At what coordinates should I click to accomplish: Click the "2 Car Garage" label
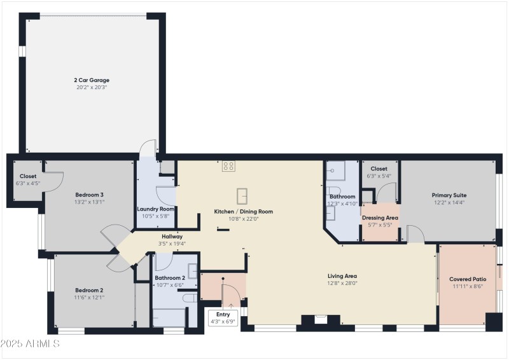tap(92, 80)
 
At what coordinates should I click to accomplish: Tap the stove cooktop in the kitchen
tap(229, 166)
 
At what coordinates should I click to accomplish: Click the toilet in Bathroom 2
tap(189, 298)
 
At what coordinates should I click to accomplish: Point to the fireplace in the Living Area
tap(321, 319)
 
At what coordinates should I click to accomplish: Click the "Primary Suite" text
tap(449, 195)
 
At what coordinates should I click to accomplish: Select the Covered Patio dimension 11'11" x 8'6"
tap(468, 286)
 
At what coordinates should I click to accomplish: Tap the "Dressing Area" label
tap(380, 218)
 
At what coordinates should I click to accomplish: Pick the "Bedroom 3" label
tap(90, 195)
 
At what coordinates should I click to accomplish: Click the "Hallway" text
tap(172, 237)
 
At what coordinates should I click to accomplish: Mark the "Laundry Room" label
tap(156, 209)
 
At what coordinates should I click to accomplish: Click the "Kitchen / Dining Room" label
tap(243, 211)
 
